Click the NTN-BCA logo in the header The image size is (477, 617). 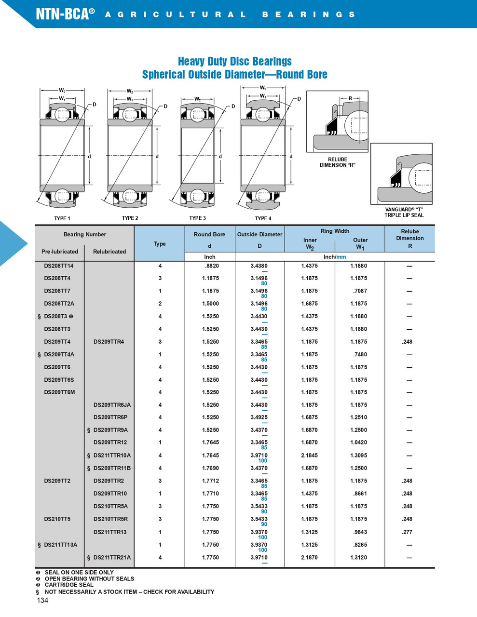(63, 14)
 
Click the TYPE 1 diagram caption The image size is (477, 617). (62, 218)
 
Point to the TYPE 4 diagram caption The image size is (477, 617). (263, 218)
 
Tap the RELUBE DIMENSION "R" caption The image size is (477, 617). (338, 162)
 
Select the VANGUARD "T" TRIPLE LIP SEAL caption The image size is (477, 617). (404, 212)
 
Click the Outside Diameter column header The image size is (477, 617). (259, 235)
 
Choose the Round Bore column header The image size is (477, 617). (209, 235)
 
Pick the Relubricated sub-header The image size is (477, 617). (109, 252)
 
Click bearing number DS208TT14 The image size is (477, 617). (59, 266)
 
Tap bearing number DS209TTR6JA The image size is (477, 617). (112, 405)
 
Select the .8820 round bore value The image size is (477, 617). (212, 266)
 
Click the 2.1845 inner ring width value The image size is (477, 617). (309, 456)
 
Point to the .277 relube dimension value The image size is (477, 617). (407, 532)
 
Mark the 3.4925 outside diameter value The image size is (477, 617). (259, 417)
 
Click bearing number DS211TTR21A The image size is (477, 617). (112, 558)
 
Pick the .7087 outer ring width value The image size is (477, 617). (359, 291)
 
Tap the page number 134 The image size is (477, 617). (42, 600)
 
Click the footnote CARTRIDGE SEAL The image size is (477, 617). (69, 585)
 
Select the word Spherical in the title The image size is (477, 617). (164, 75)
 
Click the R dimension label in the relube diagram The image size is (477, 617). (351, 98)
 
